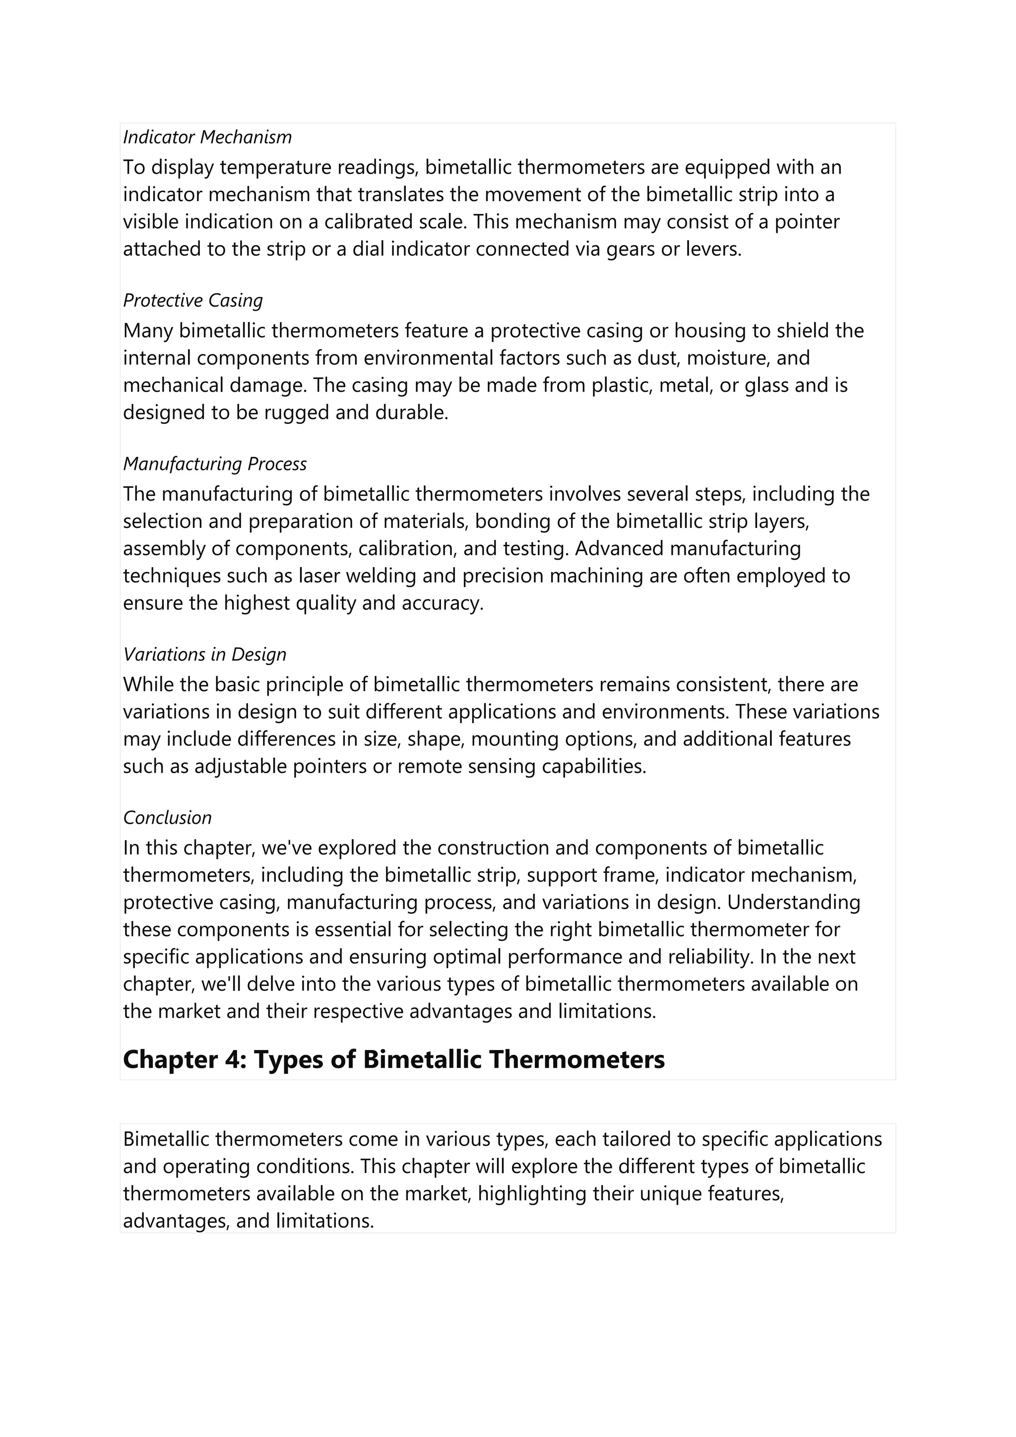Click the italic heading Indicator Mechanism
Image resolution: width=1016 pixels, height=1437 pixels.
pos(207,137)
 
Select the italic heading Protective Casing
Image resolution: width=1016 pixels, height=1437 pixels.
pos(192,300)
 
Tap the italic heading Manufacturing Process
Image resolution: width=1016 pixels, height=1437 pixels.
pos(215,464)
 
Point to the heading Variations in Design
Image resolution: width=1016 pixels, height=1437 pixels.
pos(204,654)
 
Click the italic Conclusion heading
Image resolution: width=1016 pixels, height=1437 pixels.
pos(167,818)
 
